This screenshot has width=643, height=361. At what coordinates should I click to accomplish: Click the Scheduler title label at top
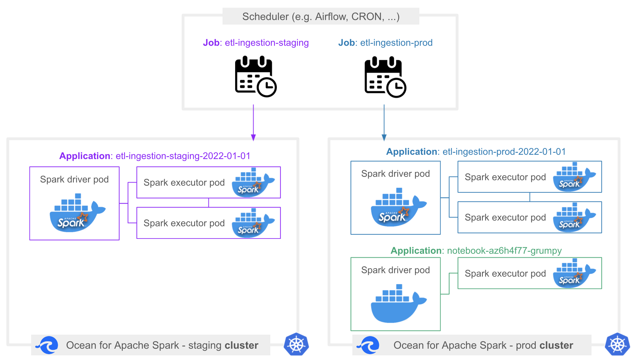tap(321, 17)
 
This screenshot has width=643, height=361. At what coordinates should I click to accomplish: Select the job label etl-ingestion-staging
tap(256, 43)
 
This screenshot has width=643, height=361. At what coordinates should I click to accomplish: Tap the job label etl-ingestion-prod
tap(385, 43)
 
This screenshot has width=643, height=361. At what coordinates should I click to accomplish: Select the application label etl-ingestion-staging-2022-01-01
tap(155, 156)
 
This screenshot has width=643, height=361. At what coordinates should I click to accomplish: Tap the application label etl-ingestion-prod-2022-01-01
tap(476, 152)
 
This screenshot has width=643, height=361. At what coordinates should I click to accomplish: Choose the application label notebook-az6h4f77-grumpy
tap(476, 251)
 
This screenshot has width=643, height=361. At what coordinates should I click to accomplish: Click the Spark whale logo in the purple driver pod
tap(77, 213)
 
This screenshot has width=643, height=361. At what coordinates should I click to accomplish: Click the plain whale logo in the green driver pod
tap(398, 304)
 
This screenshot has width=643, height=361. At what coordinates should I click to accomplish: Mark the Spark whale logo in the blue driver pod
tap(398, 207)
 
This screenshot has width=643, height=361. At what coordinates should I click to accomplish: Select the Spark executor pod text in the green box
tap(505, 273)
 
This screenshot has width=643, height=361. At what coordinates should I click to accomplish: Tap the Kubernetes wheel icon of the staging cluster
tap(296, 344)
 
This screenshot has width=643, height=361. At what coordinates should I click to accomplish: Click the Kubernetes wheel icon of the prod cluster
tap(617, 344)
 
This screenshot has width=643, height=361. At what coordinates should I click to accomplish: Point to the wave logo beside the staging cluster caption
tap(47, 345)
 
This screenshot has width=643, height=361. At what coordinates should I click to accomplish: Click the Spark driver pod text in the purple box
tap(74, 179)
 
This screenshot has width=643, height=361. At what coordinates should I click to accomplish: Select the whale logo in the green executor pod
tap(573, 273)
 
